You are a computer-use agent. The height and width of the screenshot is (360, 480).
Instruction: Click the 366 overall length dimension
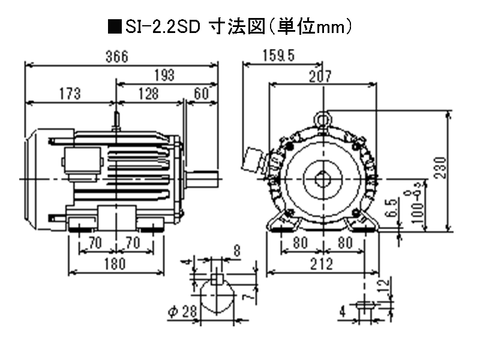pyautogui.click(x=117, y=57)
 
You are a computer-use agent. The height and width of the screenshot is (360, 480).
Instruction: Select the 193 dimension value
pyautogui.click(x=163, y=76)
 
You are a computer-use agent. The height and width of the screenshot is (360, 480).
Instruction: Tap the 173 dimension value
pyautogui.click(x=69, y=94)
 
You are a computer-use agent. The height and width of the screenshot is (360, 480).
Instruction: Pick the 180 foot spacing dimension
pyautogui.click(x=115, y=263)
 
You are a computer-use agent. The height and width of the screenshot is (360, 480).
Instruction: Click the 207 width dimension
pyautogui.click(x=323, y=76)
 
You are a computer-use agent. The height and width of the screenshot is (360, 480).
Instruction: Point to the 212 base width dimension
pyautogui.click(x=322, y=263)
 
